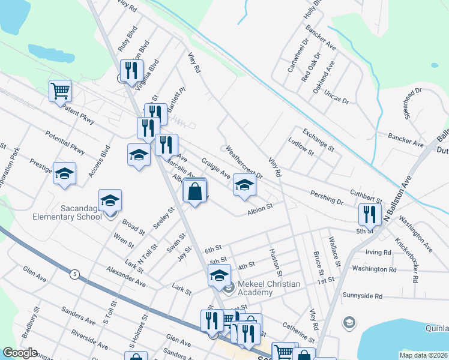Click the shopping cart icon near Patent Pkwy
point(60,91)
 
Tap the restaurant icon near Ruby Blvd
point(130,71)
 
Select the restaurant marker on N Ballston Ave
point(369,214)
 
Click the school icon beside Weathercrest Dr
point(244,185)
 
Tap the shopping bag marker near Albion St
point(194,191)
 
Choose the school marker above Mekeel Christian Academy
point(219,276)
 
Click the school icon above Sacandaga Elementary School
point(110,200)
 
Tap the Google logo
point(20,353)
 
